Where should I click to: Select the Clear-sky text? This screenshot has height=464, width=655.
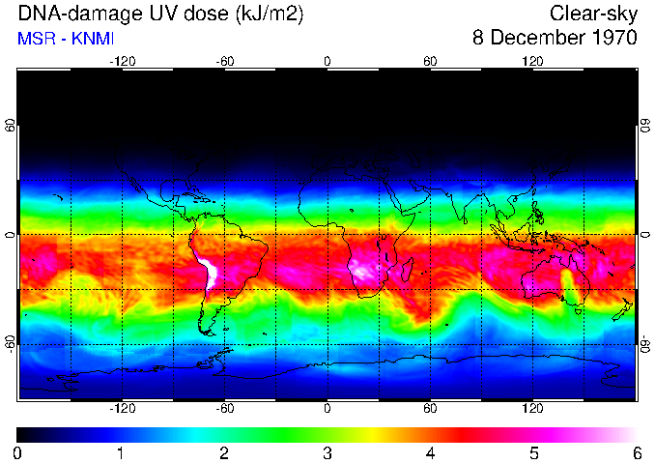click(593, 14)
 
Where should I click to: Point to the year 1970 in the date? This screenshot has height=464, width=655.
click(612, 39)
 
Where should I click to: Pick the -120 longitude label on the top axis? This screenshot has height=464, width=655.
click(122, 61)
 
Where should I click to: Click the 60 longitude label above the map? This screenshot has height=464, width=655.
click(430, 61)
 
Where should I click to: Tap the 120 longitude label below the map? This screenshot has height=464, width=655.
click(532, 409)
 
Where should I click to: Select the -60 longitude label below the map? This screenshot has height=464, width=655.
click(224, 409)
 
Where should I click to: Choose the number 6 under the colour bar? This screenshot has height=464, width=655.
click(637, 452)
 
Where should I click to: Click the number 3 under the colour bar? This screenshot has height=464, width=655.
click(327, 452)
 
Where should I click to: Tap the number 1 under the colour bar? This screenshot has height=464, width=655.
click(121, 452)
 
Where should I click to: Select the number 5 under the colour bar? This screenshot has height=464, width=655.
click(533, 452)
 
